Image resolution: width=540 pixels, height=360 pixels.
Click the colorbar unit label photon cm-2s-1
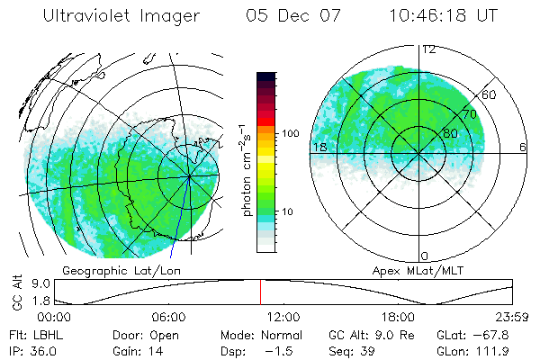(247, 162)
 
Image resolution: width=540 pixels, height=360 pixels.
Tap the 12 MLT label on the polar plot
(428, 49)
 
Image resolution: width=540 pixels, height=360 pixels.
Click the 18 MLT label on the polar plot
(319, 147)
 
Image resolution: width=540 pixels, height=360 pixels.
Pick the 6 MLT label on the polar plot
(523, 147)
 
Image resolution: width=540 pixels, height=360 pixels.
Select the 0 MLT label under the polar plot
(426, 256)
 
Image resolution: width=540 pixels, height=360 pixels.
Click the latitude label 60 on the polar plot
(489, 94)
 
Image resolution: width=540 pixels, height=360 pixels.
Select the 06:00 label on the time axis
(168, 317)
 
